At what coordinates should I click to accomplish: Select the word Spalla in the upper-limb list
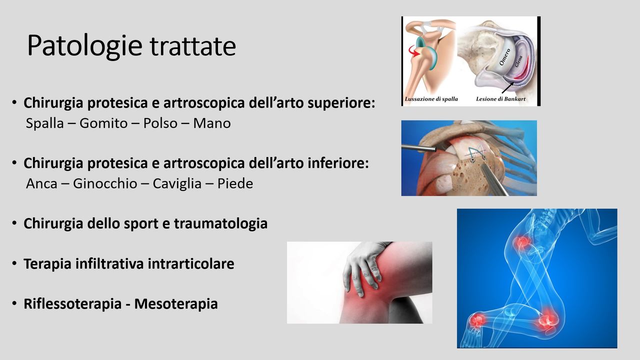(45, 123)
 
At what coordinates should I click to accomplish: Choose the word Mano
(212, 123)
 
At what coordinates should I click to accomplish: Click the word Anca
(41, 183)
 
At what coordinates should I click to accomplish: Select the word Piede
(235, 183)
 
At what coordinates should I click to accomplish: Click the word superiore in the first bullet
(341, 103)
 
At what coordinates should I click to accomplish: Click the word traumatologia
(221, 223)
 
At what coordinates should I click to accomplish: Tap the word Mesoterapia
(176, 303)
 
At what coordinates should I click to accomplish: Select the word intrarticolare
(191, 263)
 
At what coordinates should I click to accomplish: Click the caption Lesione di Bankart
(500, 99)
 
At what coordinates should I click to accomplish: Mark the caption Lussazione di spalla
(431, 99)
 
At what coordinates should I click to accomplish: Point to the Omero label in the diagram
(504, 57)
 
